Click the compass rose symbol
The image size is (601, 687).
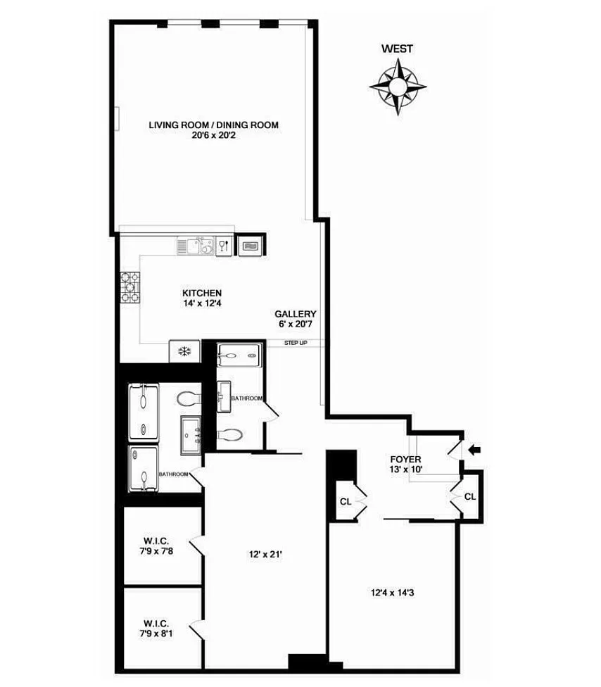(x=398, y=86)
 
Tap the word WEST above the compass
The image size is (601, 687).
(x=397, y=49)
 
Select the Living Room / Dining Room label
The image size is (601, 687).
(x=213, y=125)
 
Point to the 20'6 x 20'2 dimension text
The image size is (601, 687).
(x=213, y=135)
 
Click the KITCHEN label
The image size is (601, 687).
(x=202, y=293)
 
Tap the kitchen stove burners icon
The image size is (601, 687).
(x=130, y=288)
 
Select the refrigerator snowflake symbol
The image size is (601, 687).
(x=184, y=351)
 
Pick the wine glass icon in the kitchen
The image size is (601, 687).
(x=223, y=246)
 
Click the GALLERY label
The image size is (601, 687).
(x=296, y=314)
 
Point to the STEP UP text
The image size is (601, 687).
(x=296, y=343)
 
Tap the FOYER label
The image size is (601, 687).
(x=405, y=459)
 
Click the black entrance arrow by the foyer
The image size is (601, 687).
(x=474, y=450)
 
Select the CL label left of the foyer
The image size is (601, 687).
(x=346, y=502)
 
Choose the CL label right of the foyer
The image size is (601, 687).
(x=470, y=496)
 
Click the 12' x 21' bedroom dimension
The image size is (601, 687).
(x=265, y=554)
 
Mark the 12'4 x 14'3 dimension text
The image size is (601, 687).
(x=393, y=593)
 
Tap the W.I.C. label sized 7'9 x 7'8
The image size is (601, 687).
(x=156, y=541)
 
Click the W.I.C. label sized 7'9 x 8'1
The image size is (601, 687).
(x=156, y=623)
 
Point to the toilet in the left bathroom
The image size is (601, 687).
(x=189, y=398)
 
